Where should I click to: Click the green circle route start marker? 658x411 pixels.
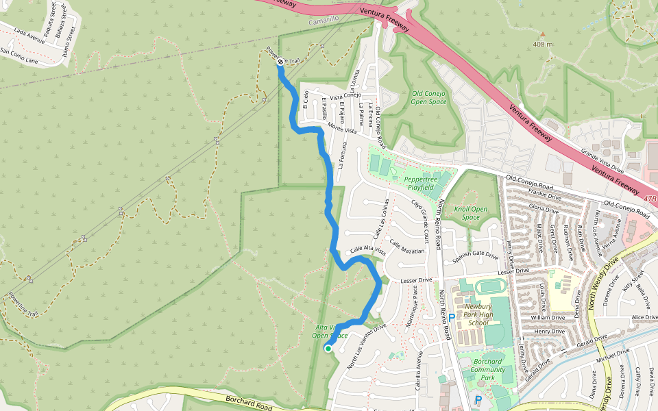(328, 349)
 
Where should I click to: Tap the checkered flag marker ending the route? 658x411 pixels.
(280, 62)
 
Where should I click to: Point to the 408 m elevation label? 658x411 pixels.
(542, 45)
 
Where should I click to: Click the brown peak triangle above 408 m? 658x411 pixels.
(542, 34)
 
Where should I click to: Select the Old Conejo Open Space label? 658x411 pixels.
(428, 97)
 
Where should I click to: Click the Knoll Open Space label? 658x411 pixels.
(470, 213)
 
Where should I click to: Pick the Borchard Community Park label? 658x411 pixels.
(487, 369)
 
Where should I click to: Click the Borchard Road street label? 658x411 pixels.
(248, 405)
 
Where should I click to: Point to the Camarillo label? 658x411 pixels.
(323, 22)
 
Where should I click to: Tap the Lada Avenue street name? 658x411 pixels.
(29, 36)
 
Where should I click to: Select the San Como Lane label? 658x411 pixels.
(19, 55)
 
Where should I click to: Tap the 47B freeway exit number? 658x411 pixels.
(650, 199)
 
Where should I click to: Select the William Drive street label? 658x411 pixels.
(548, 318)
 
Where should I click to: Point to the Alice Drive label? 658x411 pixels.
(644, 317)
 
